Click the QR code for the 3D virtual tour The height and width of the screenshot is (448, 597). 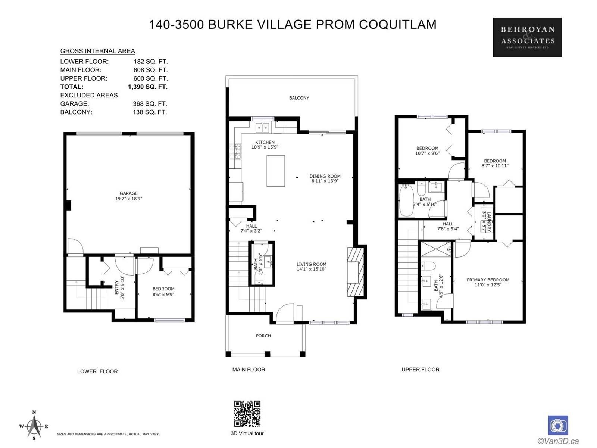pos(247,414)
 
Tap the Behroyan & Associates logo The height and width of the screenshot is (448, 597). pos(527,37)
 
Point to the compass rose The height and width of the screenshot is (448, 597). pos(34,426)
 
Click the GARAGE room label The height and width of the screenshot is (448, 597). pos(129,193)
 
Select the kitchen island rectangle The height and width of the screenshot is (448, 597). pos(275,171)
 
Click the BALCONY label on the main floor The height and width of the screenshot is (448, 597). pos(299,98)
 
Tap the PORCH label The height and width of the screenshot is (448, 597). pos(263,336)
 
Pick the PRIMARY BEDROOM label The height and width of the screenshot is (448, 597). pos(488,280)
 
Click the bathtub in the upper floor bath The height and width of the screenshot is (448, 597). pos(406,200)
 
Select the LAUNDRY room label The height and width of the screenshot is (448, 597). pos(489,222)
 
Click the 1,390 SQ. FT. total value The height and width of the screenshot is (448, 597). pos(148,87)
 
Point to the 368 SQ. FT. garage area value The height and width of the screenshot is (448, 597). pos(150,104)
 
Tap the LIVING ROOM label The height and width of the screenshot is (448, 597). pos(312,264)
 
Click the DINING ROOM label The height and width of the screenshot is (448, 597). pos(325,176)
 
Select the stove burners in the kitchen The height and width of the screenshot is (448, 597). pos(235,151)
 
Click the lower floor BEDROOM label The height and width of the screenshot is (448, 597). pos(163,289)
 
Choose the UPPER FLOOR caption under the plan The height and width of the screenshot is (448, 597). pos(421,370)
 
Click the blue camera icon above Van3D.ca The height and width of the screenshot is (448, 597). pos(558,426)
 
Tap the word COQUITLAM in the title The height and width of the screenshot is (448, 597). pos(398,25)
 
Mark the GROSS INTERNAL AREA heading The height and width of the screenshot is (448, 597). pos(98,51)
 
